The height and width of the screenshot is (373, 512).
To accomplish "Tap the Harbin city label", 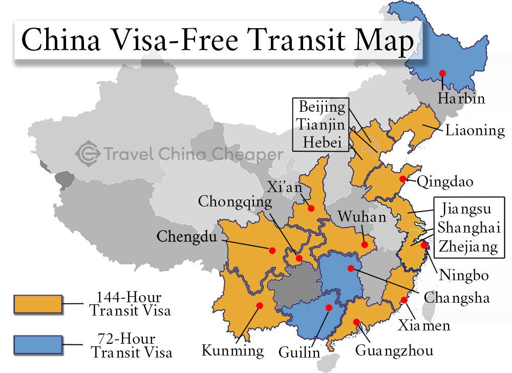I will tap(461, 98).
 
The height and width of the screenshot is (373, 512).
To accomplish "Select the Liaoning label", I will tap(475, 130).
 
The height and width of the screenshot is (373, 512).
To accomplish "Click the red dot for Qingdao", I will tap(403, 179).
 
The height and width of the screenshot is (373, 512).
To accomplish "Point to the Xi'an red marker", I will tap(310, 208).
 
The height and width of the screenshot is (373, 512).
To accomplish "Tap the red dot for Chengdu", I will tap(272, 250).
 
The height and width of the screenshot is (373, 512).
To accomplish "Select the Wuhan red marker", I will tap(364, 244).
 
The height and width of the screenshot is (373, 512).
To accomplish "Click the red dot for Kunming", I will tap(259, 305).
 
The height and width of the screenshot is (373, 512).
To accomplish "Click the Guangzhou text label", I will tap(394, 350).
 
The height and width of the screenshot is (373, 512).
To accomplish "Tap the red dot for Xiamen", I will tap(404, 300).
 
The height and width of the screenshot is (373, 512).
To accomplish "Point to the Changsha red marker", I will tap(350, 268).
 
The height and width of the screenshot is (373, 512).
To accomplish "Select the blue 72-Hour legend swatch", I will tap(38, 345).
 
